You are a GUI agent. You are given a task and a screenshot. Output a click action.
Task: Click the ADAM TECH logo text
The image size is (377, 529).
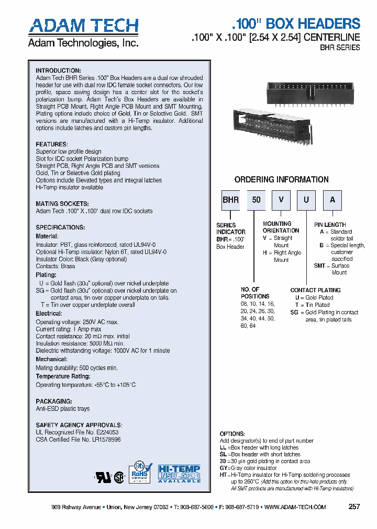[83, 26]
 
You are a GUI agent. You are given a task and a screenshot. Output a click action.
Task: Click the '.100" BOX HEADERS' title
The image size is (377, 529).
[295, 24]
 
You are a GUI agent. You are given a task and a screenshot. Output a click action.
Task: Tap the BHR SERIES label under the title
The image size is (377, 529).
[340, 48]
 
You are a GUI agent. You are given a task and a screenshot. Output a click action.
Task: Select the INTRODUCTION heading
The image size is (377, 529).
[58, 71]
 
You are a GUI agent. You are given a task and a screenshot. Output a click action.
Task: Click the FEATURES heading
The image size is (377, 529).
[51, 144]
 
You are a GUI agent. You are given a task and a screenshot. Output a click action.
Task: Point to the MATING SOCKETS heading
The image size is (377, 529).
[62, 204]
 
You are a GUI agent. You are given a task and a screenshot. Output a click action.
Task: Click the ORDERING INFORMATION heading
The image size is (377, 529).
[281, 179]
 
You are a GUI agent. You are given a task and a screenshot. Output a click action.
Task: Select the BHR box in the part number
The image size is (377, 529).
[230, 200]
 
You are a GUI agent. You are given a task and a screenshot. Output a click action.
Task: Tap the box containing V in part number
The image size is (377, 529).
[281, 200]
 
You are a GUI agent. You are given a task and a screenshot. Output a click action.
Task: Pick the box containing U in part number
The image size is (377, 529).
[307, 200]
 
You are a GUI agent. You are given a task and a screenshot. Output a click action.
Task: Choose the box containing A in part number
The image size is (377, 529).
[332, 200]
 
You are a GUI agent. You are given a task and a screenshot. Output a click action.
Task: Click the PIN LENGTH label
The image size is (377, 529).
[330, 224]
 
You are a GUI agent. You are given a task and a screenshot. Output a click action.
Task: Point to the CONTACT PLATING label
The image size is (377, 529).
[315, 290]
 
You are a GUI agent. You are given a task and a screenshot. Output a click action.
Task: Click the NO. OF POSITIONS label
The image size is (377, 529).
[250, 293]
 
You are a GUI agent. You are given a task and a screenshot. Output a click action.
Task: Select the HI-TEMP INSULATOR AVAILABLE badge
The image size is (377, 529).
[180, 473]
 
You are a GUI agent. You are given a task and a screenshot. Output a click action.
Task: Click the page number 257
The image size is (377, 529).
[354, 507]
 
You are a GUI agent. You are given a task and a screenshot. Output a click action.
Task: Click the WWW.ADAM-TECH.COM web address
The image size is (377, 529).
[295, 507]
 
